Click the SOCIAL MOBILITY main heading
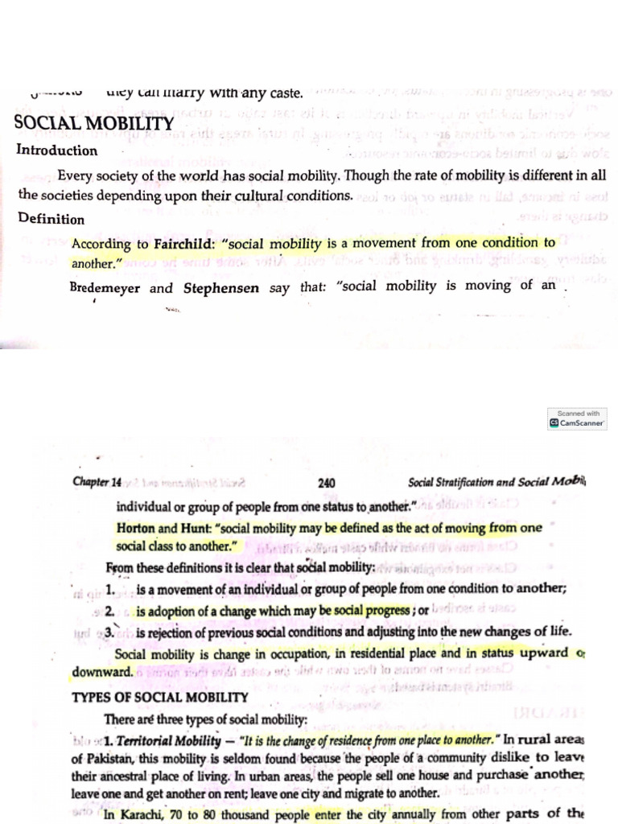(x=94, y=124)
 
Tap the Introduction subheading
(x=56, y=150)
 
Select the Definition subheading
(x=50, y=219)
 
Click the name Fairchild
(x=183, y=243)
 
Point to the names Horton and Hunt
(x=164, y=527)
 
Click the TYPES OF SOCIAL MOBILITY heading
(x=160, y=697)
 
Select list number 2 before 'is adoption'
(x=109, y=611)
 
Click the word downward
(x=102, y=671)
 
